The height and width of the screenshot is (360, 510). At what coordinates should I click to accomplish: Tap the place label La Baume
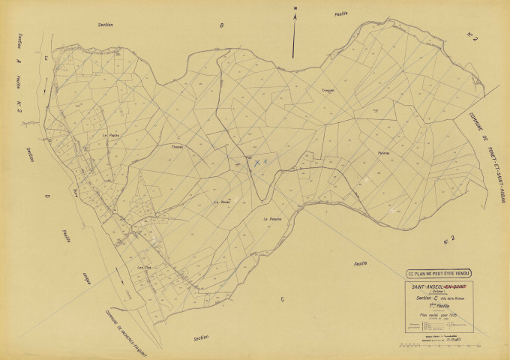[271, 219]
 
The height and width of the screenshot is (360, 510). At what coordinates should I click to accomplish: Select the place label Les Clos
[144, 267]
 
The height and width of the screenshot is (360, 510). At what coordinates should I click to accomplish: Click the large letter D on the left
[46, 197]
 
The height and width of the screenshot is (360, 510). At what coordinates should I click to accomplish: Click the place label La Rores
[222, 202]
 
